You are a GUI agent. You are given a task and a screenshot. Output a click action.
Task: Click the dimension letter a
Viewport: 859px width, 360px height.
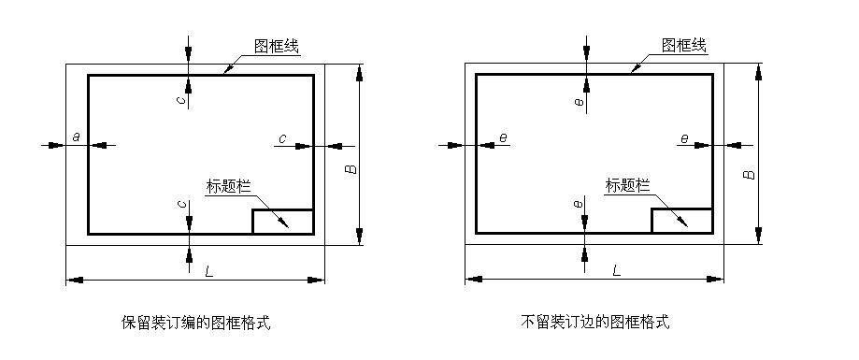(77, 137)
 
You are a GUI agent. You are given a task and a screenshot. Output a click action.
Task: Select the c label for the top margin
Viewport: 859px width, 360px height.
(179, 100)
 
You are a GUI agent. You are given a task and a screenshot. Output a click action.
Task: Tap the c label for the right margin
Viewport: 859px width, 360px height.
(281, 138)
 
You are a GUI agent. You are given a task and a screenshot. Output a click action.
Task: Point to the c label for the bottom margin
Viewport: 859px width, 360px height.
(179, 204)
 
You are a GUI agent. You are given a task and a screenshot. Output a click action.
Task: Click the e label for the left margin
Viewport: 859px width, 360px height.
(503, 138)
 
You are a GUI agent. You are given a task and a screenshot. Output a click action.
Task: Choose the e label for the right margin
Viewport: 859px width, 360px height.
(684, 138)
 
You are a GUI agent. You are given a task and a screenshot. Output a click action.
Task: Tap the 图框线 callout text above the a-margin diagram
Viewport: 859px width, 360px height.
(277, 45)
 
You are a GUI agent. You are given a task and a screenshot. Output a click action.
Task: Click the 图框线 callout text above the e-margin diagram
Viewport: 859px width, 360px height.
(683, 45)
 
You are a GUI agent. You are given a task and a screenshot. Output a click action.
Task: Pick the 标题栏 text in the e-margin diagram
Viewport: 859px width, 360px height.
(627, 185)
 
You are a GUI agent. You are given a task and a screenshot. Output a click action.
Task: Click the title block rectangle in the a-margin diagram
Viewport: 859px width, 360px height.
(282, 222)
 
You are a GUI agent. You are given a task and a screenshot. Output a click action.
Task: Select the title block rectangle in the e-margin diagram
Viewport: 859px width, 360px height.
(681, 222)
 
